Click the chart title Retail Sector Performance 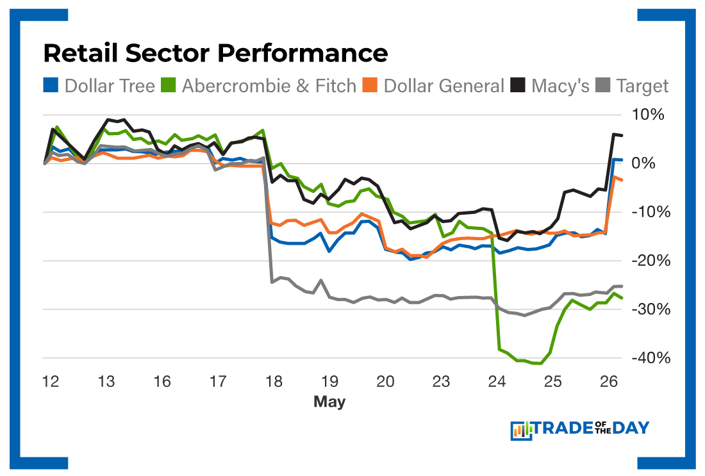215,53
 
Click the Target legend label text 642,86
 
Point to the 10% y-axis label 649,115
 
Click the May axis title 329,402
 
